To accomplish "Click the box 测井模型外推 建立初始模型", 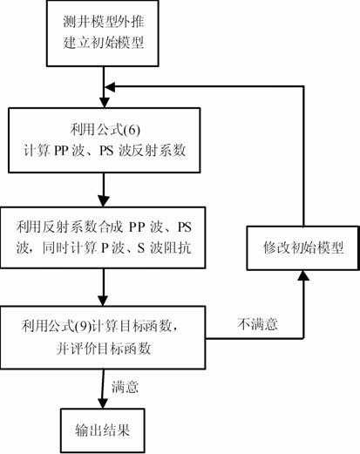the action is click(x=103, y=33).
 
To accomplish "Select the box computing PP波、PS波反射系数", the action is click(x=104, y=140).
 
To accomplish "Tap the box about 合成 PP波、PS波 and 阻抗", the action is click(x=103, y=238).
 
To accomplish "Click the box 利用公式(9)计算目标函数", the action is click(x=103, y=337).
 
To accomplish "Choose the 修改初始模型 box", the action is click(x=303, y=248).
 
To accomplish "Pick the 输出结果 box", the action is click(x=103, y=430).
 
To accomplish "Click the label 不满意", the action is click(x=257, y=324).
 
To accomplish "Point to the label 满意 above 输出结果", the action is click(x=125, y=387).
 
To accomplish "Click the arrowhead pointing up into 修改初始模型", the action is click(x=303, y=275).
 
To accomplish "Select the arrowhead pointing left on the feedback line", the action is click(x=110, y=86).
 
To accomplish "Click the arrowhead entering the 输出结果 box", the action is click(x=102, y=403).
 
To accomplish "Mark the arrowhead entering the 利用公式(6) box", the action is click(x=104, y=103).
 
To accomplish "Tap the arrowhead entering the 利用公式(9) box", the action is click(x=103, y=301).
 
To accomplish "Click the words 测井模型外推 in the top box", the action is click(x=104, y=22).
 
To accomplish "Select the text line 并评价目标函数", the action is click(x=104, y=348).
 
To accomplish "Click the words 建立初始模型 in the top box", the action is click(x=104, y=43).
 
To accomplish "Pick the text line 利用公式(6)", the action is click(x=105, y=130).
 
